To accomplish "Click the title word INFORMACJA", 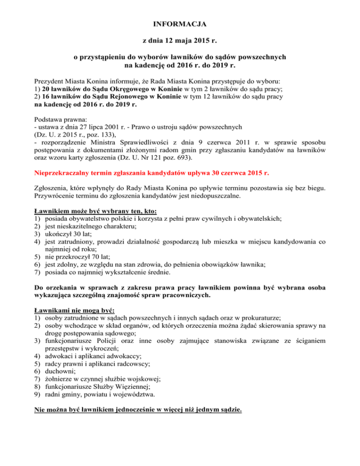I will [x=180, y=23].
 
